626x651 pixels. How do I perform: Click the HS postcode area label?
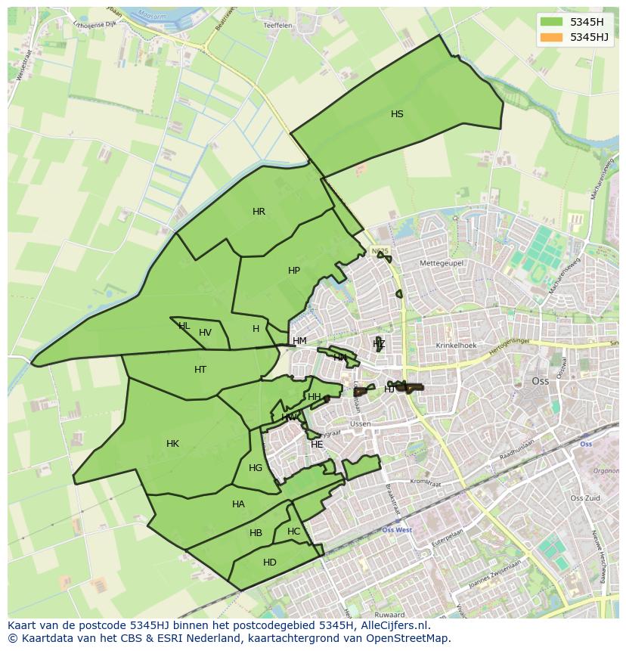point(397,114)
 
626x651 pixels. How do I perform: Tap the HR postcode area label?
point(259,212)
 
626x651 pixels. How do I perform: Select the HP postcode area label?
point(294,271)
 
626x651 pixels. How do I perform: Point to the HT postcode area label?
point(200,370)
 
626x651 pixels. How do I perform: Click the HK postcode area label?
point(172,444)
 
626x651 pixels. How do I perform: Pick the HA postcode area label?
point(238,504)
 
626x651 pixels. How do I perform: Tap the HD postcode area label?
point(270,563)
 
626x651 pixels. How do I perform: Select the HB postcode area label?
point(256,533)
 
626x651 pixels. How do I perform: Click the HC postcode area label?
point(293,532)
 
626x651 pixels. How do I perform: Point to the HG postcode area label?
point(256,468)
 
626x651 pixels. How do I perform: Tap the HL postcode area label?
point(184,326)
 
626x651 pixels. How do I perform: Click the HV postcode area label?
point(205,333)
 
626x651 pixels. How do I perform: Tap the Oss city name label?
point(541,382)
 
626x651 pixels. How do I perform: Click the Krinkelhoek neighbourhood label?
point(457,346)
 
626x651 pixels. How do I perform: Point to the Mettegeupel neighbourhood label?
point(442,263)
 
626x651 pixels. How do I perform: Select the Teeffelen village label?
point(277,25)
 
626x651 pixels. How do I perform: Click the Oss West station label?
point(397,530)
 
